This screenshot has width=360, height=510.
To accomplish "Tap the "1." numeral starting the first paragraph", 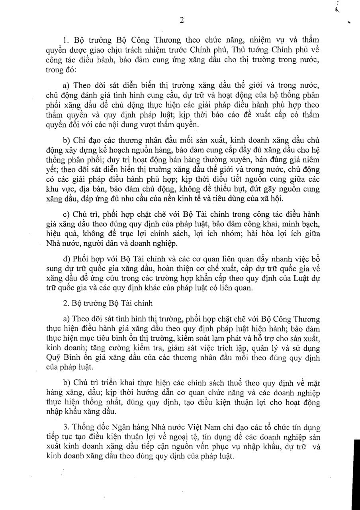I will [x=66, y=40].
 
